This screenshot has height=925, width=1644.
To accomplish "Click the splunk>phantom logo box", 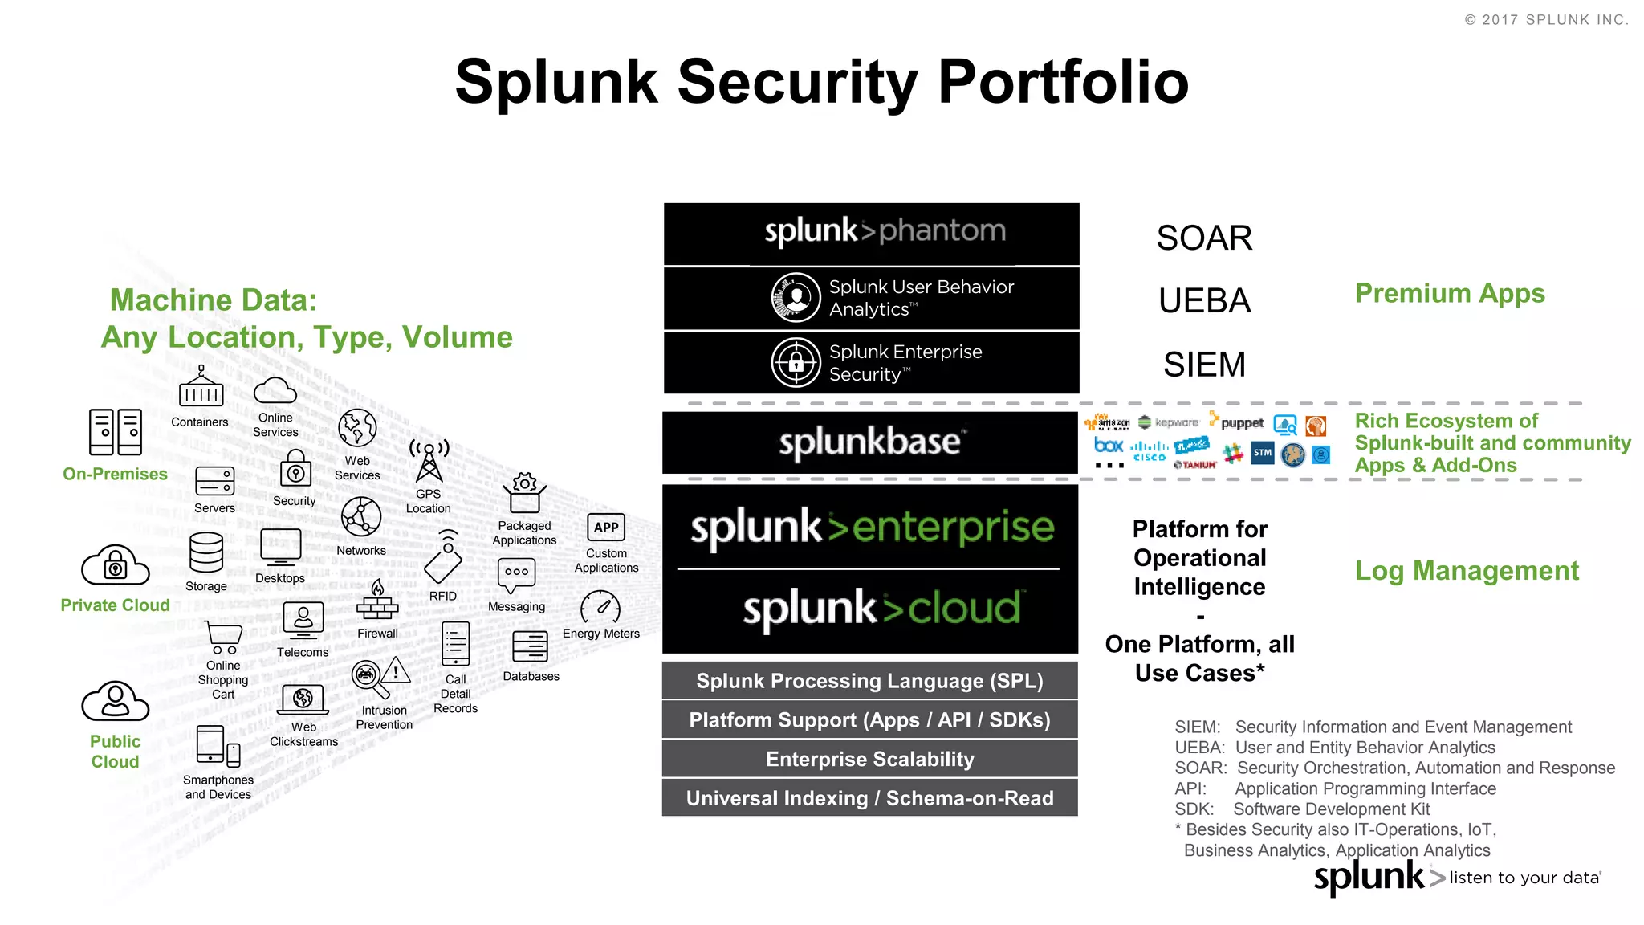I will (x=871, y=233).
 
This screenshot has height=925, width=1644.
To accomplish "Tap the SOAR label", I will (x=1204, y=238).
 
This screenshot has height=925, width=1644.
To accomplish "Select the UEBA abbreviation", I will (x=1204, y=301).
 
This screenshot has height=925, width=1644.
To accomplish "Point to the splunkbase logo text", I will (x=869, y=442).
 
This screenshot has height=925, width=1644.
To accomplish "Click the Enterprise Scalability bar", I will (x=869, y=759).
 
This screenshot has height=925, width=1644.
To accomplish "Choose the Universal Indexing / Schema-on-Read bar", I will (x=869, y=798).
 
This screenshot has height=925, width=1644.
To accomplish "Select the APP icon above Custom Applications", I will (x=606, y=528).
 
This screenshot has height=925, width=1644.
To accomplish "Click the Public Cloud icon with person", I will (x=115, y=701).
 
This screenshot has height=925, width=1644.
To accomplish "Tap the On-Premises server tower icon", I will (x=115, y=432).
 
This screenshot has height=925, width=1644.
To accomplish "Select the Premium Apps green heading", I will (x=1450, y=294).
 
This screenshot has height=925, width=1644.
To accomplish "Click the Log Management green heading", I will (x=1467, y=571).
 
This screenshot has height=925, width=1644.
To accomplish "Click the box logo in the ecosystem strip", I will (x=1109, y=445).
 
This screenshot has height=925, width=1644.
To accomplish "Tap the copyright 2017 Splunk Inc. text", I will (x=1546, y=20).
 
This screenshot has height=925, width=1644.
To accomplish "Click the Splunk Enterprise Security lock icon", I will (x=796, y=363).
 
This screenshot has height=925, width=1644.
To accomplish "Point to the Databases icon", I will (x=530, y=646).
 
